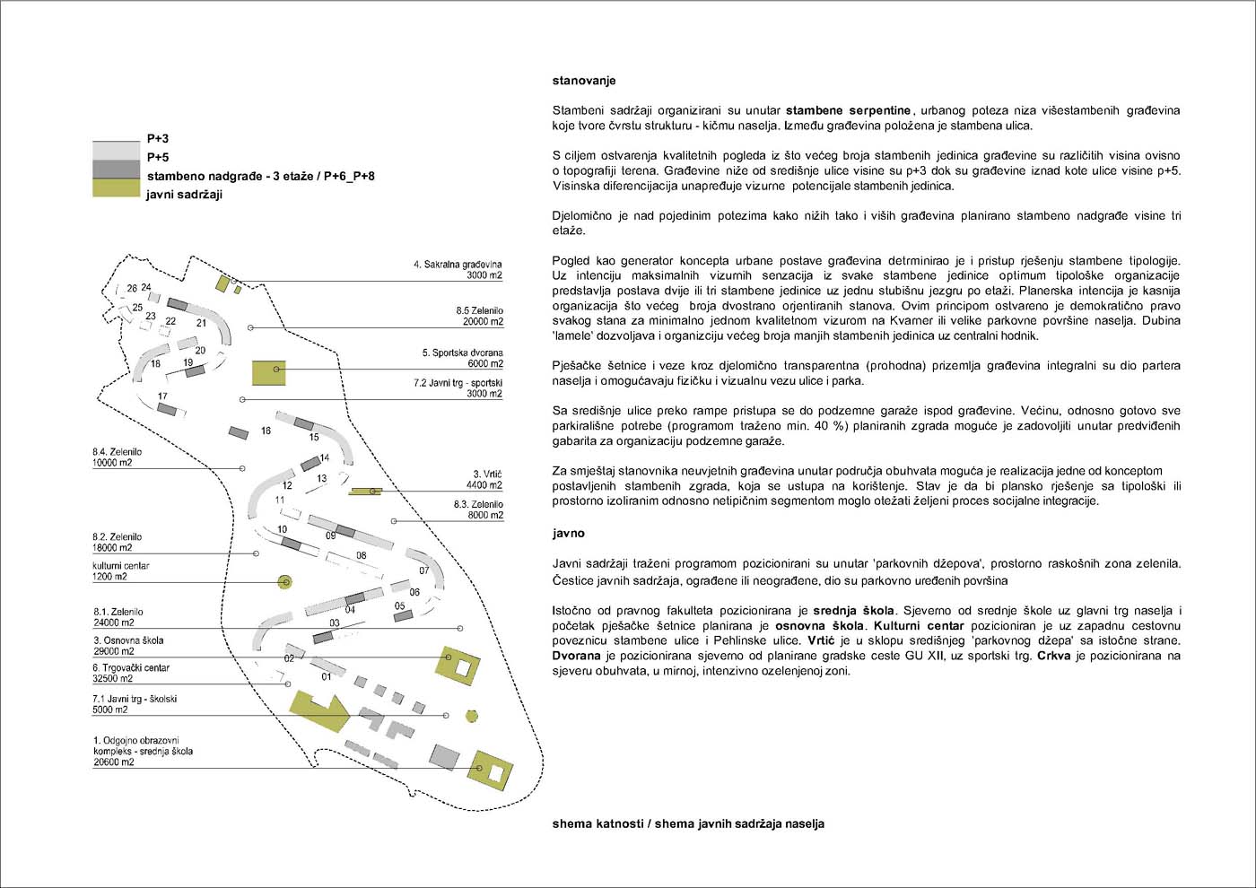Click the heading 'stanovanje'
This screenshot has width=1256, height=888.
coord(583,81)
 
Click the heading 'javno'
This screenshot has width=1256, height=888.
coord(568,533)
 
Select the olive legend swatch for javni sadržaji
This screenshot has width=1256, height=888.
coord(116,187)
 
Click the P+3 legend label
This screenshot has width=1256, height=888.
coord(158,138)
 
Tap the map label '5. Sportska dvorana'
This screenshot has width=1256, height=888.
coord(462,353)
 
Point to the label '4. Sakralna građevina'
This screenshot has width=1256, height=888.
coord(458,265)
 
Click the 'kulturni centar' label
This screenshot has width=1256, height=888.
coord(120,566)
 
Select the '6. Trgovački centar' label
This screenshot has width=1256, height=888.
coord(131,667)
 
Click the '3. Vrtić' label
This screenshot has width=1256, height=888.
coord(487,474)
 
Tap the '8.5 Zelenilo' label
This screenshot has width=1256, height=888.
coord(479,310)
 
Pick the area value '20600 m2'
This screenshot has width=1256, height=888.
coord(113,762)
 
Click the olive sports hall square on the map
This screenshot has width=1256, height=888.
coord(268,372)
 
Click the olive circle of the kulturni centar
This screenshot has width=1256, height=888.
coord(285,582)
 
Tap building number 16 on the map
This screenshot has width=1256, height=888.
coord(266,431)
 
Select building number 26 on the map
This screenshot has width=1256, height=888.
coord(132,289)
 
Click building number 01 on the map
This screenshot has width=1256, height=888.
coord(327,676)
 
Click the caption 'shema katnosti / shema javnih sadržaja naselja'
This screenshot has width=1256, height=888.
coord(687,823)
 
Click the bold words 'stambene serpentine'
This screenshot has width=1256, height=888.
coord(848,110)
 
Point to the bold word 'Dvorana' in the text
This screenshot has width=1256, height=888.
coord(576,656)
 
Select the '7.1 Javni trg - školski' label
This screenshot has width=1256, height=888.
coord(134,699)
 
